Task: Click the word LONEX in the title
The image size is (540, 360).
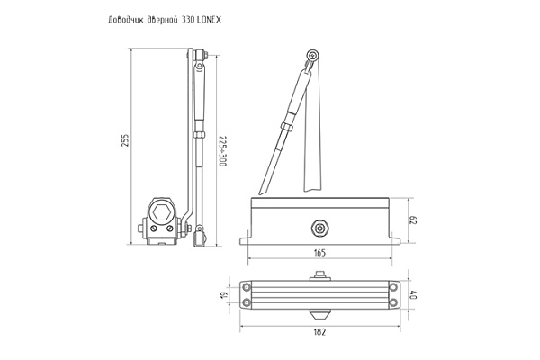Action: pyautogui.click(x=220, y=18)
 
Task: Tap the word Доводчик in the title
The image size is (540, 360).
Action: pyautogui.click(x=124, y=18)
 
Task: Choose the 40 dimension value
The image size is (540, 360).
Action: pyautogui.click(x=415, y=294)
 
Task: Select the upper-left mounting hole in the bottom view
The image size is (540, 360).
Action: pyautogui.click(x=246, y=287)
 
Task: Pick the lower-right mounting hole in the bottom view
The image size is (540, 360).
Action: pyautogui.click(x=393, y=301)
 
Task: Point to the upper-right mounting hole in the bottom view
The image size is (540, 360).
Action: pyautogui.click(x=393, y=287)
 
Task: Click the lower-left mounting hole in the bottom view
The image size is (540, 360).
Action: pyautogui.click(x=246, y=301)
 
